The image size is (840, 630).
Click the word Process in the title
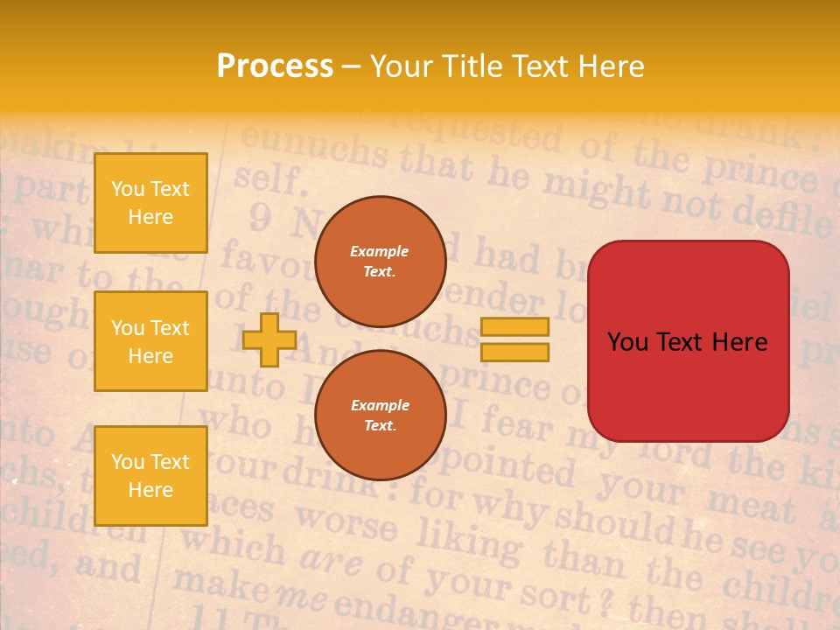coord(275,66)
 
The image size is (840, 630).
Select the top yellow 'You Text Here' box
coord(150,203)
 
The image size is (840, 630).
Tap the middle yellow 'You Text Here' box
coord(150,341)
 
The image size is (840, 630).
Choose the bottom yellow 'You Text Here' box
coord(150,476)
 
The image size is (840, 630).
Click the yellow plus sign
coord(269,340)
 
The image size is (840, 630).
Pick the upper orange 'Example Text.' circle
coord(380,261)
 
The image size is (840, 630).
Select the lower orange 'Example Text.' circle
coord(380,415)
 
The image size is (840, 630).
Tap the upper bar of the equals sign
coord(514,326)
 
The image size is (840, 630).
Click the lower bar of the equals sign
coord(514,353)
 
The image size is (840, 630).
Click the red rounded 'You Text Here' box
coord(688,341)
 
